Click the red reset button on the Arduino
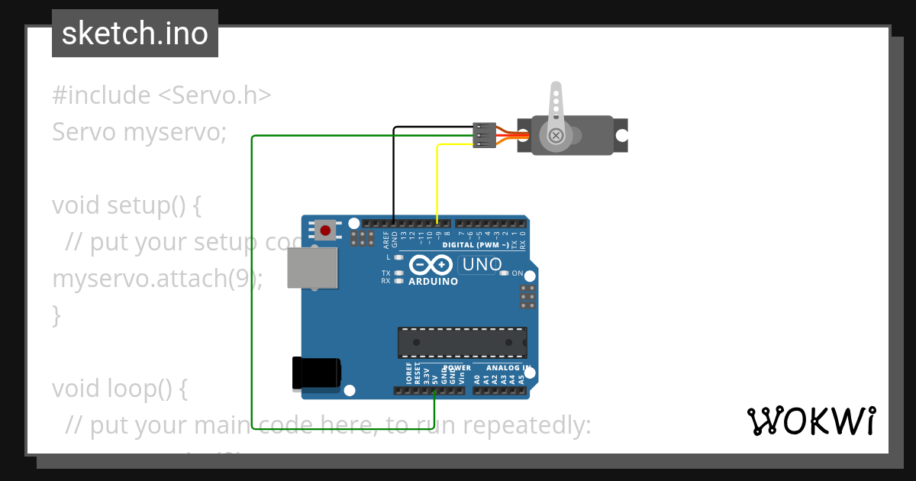click(326, 230)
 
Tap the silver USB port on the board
click(312, 268)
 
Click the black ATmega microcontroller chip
click(462, 342)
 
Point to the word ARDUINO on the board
click(433, 282)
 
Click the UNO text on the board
click(481, 265)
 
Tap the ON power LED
click(504, 273)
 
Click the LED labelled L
click(398, 257)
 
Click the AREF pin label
click(385, 240)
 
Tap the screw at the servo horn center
click(556, 136)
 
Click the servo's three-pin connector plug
click(484, 135)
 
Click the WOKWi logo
click(811, 421)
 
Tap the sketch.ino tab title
click(135, 34)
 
